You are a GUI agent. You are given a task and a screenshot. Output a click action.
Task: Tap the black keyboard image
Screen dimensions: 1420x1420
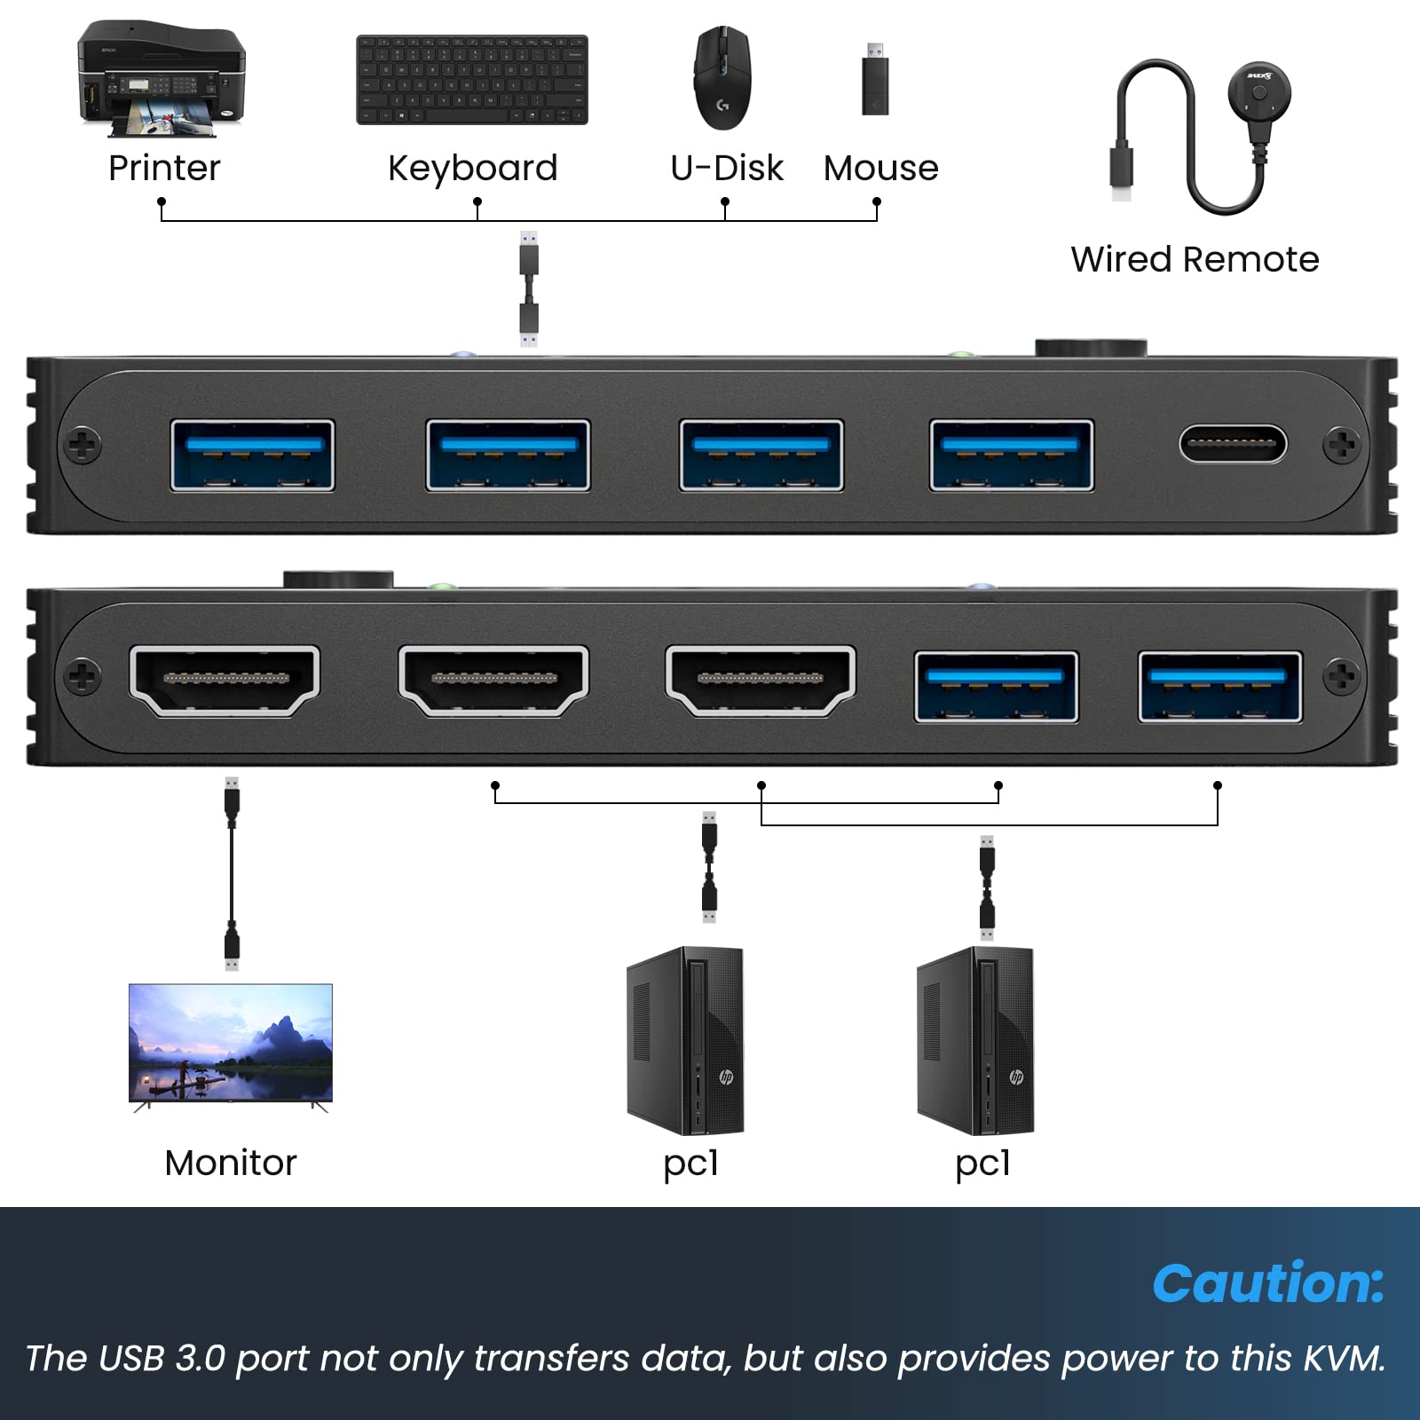tap(471, 80)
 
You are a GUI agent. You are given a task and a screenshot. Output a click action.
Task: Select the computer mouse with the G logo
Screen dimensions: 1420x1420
tap(722, 78)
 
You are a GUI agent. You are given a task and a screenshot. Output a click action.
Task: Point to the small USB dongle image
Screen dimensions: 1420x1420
tap(875, 81)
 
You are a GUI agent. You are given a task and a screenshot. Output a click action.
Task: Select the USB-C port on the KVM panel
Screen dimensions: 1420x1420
tap(1232, 445)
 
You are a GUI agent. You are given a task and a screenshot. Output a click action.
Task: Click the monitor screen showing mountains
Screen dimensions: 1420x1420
tap(231, 1044)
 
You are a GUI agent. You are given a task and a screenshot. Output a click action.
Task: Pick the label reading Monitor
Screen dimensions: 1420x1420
tap(231, 1163)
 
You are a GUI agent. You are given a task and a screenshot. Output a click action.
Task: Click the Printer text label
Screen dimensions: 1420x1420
tap(164, 168)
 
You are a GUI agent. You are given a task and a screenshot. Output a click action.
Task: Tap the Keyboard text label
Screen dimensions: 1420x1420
tap(472, 168)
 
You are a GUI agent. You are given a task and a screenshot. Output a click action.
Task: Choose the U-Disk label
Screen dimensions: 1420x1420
tap(726, 168)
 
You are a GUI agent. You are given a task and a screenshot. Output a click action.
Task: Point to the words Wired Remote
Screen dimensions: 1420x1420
tap(1195, 259)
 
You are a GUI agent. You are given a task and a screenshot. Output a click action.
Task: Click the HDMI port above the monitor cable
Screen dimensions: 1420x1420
tap(225, 680)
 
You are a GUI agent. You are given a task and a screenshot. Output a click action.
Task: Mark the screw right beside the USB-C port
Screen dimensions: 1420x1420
tap(1340, 445)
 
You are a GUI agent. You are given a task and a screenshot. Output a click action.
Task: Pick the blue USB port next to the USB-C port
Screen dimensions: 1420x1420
tap(1011, 455)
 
